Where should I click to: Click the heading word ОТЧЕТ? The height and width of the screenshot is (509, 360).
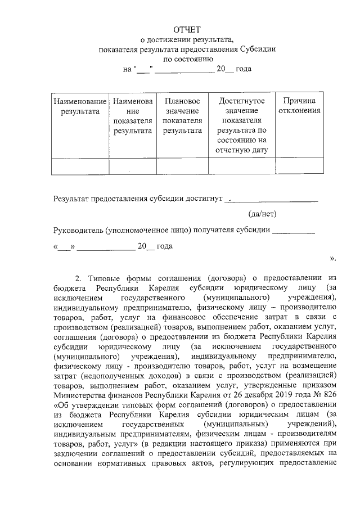pos(186,29)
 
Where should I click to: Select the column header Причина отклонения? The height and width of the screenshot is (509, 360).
pos(299,106)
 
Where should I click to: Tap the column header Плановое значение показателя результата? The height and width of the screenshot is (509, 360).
pos(182,116)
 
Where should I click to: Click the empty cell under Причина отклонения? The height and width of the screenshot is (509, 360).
pos(299,166)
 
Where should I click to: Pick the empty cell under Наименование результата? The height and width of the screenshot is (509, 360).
pos(80,166)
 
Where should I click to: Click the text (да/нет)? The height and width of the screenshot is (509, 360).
pos(263,214)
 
